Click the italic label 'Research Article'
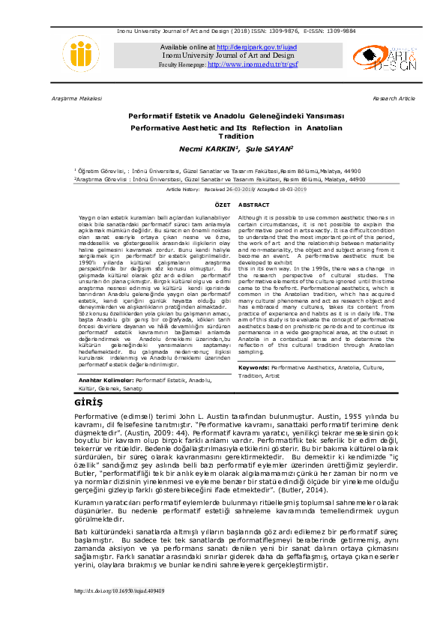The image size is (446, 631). click(x=394, y=99)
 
